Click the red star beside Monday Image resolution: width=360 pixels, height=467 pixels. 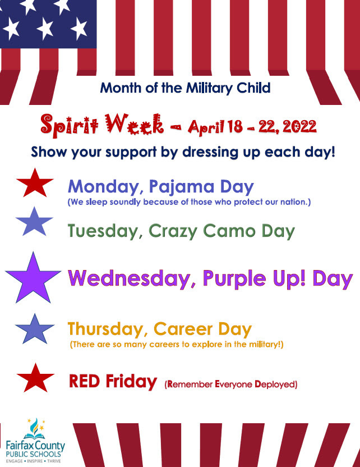(x=35, y=185)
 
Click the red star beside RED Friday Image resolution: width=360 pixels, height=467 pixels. (x=35, y=379)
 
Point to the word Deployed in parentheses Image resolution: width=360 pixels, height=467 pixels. (x=273, y=384)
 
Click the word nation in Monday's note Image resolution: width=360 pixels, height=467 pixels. (x=293, y=201)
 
